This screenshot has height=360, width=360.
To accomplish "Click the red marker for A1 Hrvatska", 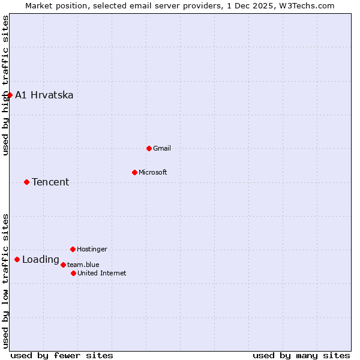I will pos(10,95).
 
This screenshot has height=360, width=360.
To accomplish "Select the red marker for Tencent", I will pos(26,182).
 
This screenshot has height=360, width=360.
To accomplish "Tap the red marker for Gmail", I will pos(149,148).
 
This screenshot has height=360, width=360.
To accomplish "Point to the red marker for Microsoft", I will pos(134,172).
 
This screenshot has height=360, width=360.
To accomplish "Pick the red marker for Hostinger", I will pos(73,249).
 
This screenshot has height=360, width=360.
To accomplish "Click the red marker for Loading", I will pos(17,260).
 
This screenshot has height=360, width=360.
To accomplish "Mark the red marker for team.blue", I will pos(63,265).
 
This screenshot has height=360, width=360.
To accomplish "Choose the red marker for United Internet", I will pos(73,273).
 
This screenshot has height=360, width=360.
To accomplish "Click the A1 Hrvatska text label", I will pos(44,95).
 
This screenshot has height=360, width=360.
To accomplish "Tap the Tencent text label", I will pos(50,182).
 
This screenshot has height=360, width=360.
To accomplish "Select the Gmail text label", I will pos(162,148).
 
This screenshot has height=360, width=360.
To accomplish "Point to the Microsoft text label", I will pos(153,172).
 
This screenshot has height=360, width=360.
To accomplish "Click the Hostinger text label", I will pos(92,249).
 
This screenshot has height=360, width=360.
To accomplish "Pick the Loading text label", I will pos(40,260).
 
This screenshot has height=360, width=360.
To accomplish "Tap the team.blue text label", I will pos(83,265).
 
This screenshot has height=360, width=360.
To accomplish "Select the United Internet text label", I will pos(102,273).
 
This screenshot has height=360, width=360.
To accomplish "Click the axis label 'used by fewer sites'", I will pos(62,355).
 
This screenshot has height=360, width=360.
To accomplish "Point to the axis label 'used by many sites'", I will pos(301,355).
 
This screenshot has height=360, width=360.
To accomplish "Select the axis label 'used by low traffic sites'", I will pos(5,281).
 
